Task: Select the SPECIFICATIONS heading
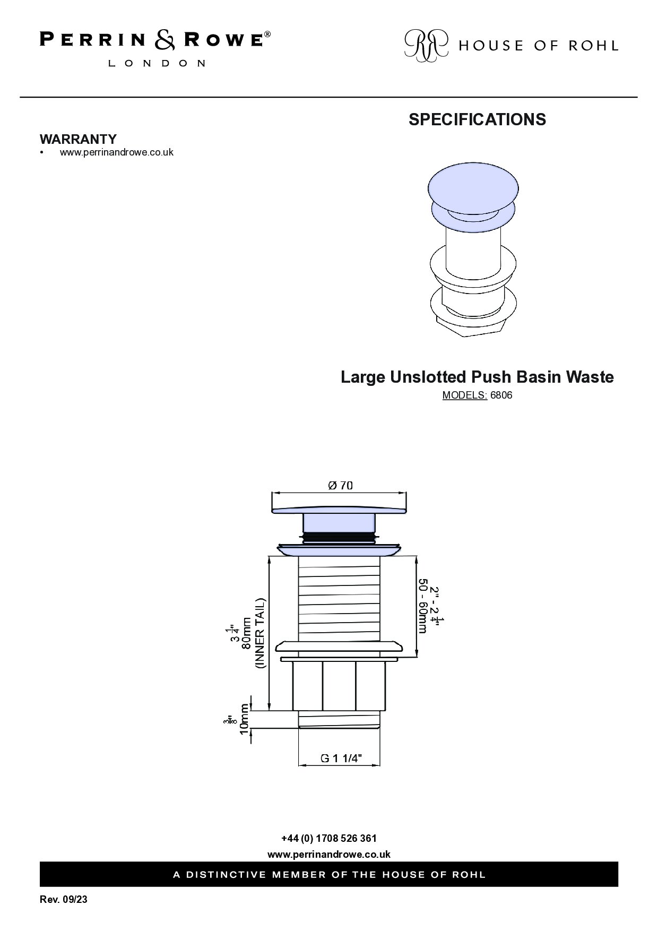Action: [x=477, y=119]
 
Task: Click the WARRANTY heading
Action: [x=78, y=139]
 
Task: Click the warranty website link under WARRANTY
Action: [x=117, y=152]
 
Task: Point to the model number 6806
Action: [x=501, y=395]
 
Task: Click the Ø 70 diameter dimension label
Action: [x=340, y=485]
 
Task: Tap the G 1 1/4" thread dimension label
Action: [x=341, y=758]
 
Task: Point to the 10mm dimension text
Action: [x=244, y=719]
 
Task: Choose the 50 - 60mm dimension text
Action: [x=423, y=606]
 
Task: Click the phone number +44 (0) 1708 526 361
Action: [x=329, y=839]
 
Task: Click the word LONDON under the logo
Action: [x=157, y=63]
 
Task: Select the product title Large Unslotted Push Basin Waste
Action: [x=477, y=377]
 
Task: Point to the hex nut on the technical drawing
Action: [x=339, y=686]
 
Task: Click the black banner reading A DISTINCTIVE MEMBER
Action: [x=329, y=874]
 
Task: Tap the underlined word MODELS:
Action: [x=465, y=395]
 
